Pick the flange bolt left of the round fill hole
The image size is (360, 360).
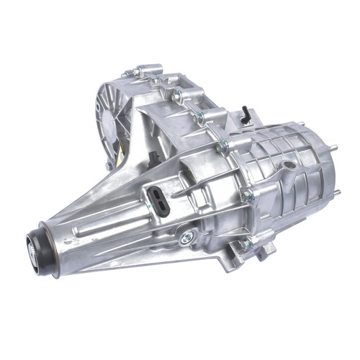tap(246, 196)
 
